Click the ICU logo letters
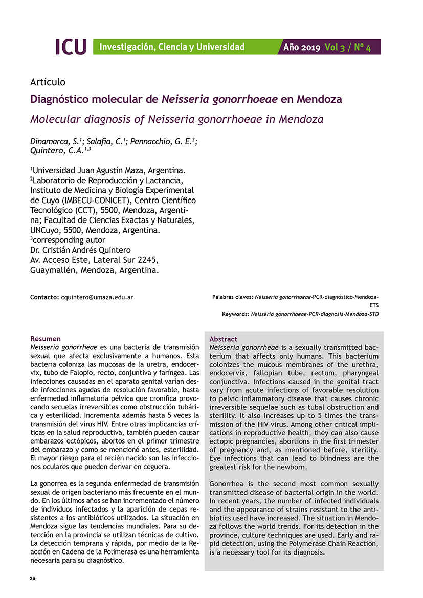click(71, 47)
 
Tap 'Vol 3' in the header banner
click(335, 48)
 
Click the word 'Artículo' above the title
click(48, 82)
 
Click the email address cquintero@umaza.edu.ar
click(97, 297)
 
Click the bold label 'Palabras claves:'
click(232, 297)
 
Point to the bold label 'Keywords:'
click(235, 314)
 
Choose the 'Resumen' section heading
click(46, 339)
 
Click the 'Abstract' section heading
click(224, 339)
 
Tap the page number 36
click(33, 579)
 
